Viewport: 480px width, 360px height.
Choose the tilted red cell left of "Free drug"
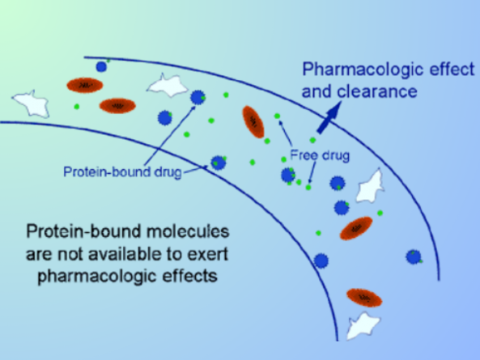(x=253, y=121)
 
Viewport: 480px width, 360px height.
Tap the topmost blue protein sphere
(x=102, y=66)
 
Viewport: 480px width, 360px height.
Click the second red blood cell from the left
(x=117, y=105)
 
